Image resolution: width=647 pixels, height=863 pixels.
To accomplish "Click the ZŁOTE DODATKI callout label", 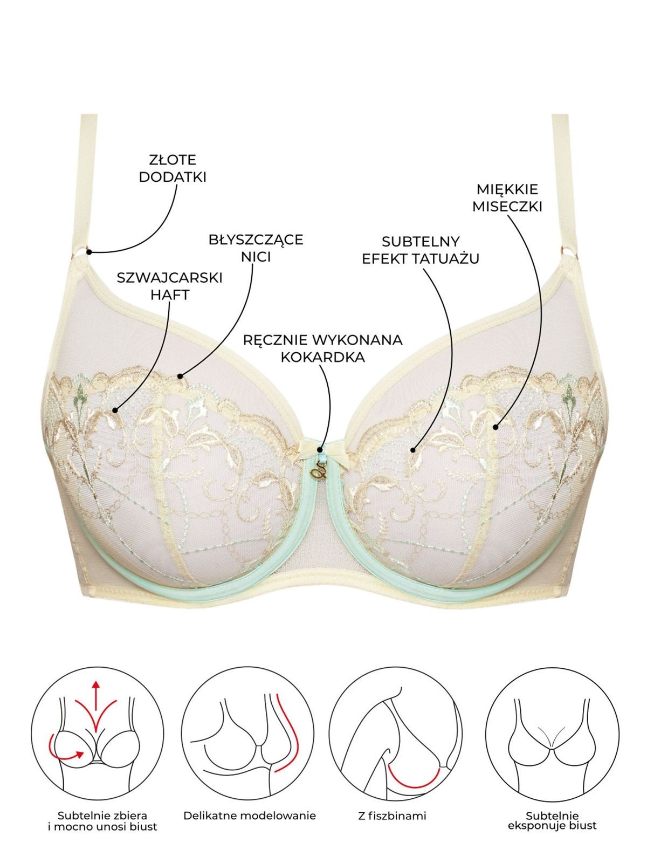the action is pos(173,168).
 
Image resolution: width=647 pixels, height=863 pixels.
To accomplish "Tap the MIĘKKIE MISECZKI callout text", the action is pos(507,198).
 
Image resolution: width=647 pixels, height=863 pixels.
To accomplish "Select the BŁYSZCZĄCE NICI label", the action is pos(256,248).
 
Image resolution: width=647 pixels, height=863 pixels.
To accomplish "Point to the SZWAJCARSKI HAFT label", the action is pos(170,286).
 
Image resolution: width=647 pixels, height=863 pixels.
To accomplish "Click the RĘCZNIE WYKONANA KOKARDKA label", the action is pos(323,348).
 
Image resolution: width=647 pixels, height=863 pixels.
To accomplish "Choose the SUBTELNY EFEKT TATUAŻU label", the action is pos(421,250).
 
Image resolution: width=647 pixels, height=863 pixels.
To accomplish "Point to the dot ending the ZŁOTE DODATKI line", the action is pos(89,251).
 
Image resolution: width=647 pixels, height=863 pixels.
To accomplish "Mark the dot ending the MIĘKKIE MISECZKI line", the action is pos(495,427).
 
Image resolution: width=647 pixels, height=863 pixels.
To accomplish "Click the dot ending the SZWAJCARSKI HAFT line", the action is pos(115,410).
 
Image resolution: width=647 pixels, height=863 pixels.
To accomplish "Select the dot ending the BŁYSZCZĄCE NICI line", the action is pos(180,376).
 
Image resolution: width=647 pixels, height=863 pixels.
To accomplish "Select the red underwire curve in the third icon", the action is pos(414,783).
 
